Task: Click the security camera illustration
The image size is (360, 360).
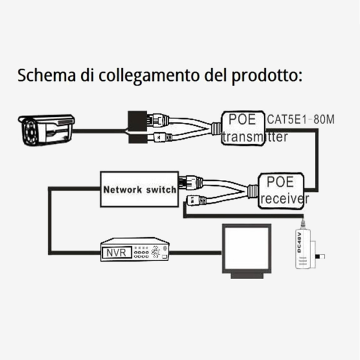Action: [46, 130]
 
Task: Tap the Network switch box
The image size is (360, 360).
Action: [139, 189]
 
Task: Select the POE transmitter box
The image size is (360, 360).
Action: [243, 128]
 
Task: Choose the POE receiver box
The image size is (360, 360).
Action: [281, 191]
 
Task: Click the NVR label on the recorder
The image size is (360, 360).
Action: [116, 253]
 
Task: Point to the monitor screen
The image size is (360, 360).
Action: [247, 248]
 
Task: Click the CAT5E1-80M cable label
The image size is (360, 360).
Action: [301, 120]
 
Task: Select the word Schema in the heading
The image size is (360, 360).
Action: [46, 75]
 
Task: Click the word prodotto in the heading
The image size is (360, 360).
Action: [267, 76]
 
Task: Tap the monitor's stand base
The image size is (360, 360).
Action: [247, 276]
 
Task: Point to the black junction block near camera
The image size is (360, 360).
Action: [138, 127]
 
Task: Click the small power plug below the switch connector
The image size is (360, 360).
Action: [197, 200]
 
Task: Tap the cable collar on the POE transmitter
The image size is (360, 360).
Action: [216, 129]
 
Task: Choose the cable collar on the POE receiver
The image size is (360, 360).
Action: [253, 191]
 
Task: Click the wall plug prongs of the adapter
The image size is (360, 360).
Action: [320, 256]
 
